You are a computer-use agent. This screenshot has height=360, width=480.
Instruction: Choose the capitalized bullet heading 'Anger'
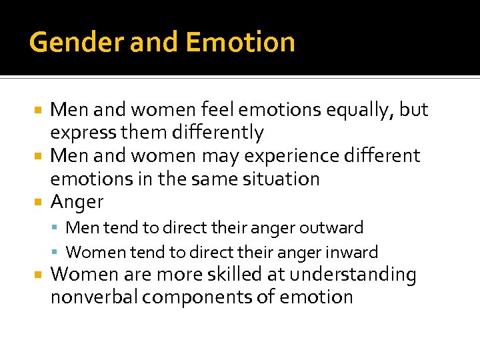[77, 201]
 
